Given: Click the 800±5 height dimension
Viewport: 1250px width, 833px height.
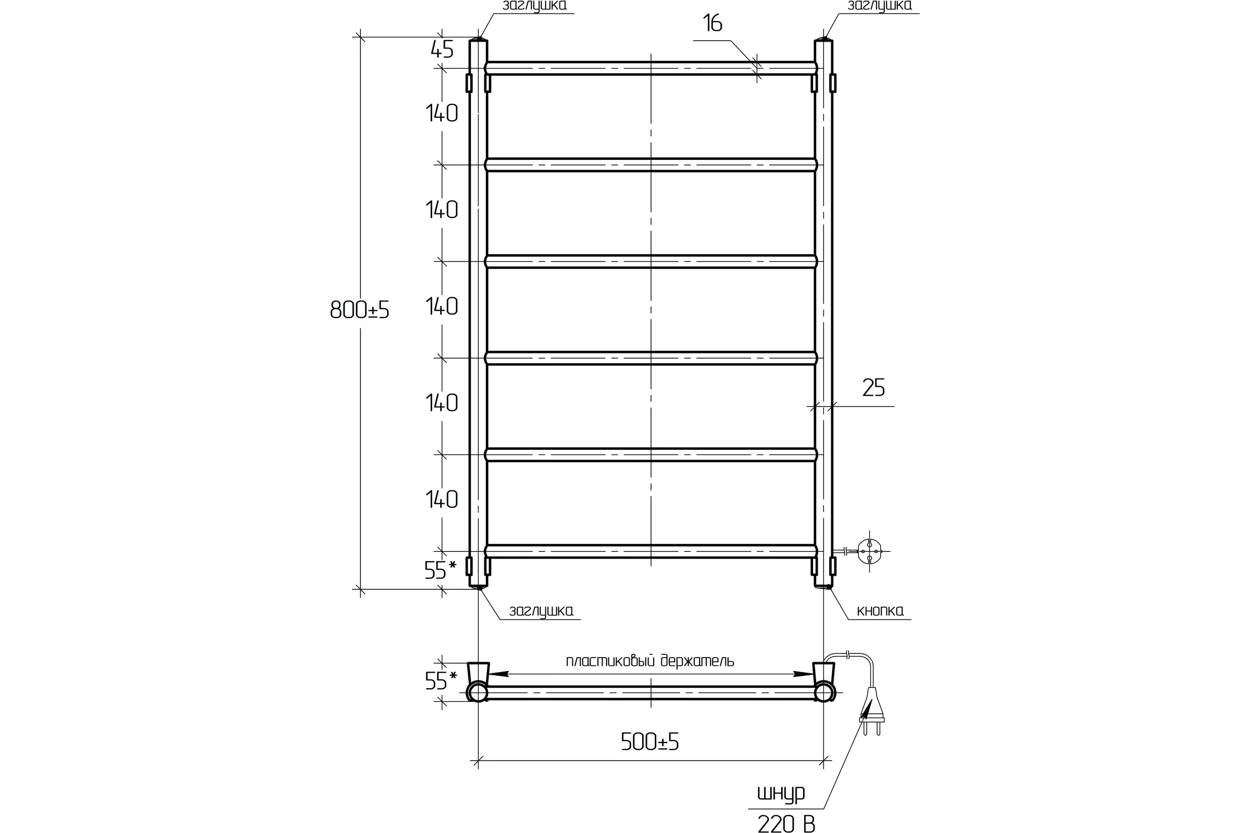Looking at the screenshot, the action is [360, 309].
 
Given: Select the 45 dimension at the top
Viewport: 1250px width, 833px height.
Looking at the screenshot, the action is [442, 50].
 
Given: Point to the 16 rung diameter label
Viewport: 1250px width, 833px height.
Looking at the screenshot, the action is [712, 23].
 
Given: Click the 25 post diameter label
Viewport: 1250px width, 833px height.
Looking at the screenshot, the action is [873, 388].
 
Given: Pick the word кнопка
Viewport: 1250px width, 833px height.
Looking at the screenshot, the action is [880, 611].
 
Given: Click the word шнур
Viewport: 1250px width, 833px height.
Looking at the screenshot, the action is [781, 793].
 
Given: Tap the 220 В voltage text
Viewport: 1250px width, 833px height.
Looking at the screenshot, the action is [786, 824].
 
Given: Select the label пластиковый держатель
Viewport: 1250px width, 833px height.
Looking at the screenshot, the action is [649, 660].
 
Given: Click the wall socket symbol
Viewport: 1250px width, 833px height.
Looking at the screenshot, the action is [869, 551].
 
